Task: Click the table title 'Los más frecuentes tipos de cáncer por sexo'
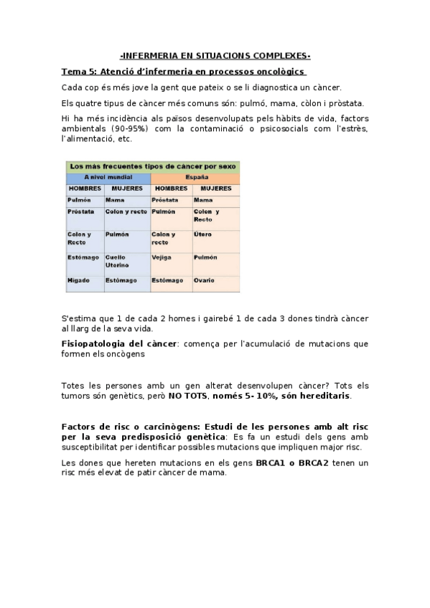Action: tap(153, 166)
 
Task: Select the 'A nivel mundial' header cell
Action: tap(108, 176)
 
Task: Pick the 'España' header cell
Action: tap(195, 176)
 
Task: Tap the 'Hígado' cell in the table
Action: tap(78, 280)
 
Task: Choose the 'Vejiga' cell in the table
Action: tap(162, 257)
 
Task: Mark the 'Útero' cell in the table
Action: tap(202, 234)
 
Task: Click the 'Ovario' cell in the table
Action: tap(204, 280)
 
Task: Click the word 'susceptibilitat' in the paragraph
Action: tap(92, 447)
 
